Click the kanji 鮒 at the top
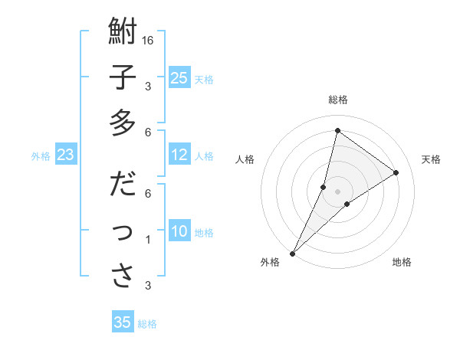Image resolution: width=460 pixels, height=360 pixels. pyautogui.click(x=123, y=33)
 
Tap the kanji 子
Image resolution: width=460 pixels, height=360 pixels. pyautogui.click(x=123, y=78)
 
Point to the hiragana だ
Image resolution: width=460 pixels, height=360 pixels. pyautogui.click(x=123, y=185)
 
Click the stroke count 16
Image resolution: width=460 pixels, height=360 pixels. pyautogui.click(x=149, y=40)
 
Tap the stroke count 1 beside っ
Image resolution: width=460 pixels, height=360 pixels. pyautogui.click(x=148, y=240)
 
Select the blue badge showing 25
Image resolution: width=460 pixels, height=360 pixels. pyautogui.click(x=179, y=77)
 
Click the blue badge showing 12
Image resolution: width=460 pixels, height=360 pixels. pyautogui.click(x=179, y=155)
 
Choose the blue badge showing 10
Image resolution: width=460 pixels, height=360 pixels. pyautogui.click(x=179, y=231)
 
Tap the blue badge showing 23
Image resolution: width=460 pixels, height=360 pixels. pyautogui.click(x=65, y=155)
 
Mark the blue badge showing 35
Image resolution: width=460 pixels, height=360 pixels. pyautogui.click(x=123, y=322)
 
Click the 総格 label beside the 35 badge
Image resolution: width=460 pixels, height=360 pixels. pyautogui.click(x=147, y=323)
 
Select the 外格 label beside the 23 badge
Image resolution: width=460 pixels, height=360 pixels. pyautogui.click(x=41, y=156)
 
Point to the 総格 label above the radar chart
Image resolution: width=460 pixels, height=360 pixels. pyautogui.click(x=337, y=100)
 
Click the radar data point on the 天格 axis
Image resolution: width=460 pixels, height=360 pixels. pyautogui.click(x=396, y=172)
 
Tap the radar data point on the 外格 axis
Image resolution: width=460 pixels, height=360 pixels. pyautogui.click(x=292, y=253)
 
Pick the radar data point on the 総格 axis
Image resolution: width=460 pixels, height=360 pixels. pyautogui.click(x=337, y=129)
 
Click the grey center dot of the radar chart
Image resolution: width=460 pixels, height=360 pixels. pyautogui.click(x=337, y=191)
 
